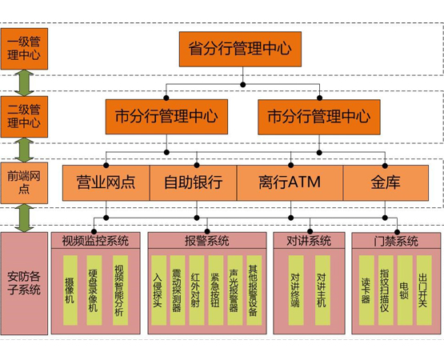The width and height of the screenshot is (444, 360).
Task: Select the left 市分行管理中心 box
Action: (x=166, y=116)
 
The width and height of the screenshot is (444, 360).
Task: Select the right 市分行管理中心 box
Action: (x=318, y=116)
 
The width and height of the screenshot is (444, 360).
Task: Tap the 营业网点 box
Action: (x=106, y=182)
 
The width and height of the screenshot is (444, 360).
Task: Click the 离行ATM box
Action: (x=290, y=182)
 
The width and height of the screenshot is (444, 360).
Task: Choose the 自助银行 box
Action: (x=193, y=182)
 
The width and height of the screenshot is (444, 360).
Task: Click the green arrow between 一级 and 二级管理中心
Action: (x=24, y=82)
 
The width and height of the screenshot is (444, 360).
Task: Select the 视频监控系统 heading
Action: (x=95, y=241)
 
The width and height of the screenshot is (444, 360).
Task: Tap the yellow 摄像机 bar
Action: (x=70, y=291)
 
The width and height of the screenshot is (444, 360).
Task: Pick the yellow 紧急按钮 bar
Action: (x=214, y=291)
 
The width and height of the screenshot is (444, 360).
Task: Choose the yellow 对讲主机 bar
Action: (x=322, y=291)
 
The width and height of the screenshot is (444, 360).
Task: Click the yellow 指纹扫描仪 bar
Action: (x=385, y=291)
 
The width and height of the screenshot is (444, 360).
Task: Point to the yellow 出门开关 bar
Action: (x=423, y=291)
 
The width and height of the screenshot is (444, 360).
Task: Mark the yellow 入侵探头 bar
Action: (x=158, y=291)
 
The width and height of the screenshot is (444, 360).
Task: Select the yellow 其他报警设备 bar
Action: (x=253, y=291)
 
